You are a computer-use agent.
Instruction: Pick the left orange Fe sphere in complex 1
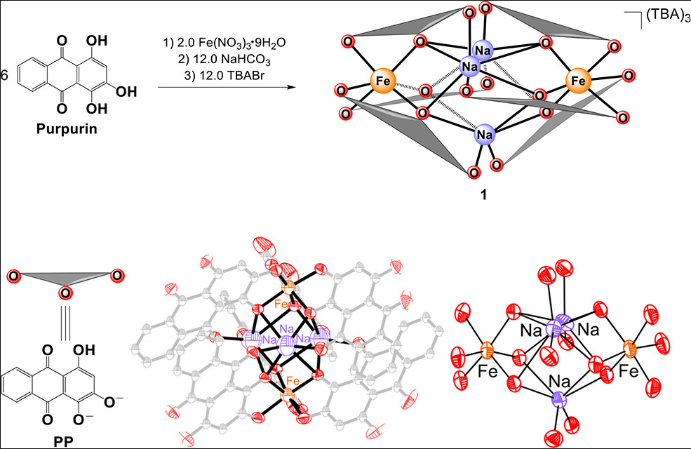(383, 81)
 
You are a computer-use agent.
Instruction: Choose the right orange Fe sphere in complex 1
(579, 81)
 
